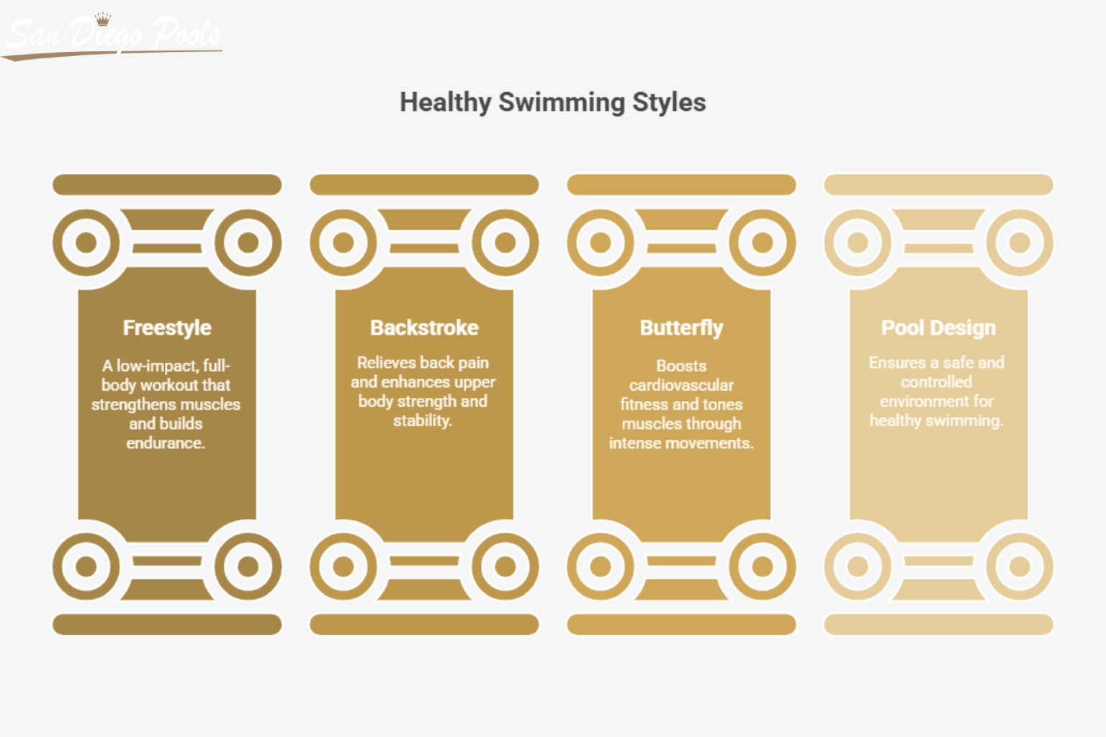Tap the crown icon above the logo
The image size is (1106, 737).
(x=103, y=18)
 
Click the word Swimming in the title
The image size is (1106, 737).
(x=562, y=102)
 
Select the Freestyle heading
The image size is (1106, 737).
(x=167, y=328)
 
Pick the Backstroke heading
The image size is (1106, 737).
(x=424, y=328)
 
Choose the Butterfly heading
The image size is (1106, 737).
(x=681, y=328)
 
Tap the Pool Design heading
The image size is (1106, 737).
(x=938, y=328)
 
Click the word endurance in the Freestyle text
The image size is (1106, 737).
(x=166, y=443)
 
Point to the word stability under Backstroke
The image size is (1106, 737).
(x=422, y=420)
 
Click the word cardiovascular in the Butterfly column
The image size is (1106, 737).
(x=681, y=385)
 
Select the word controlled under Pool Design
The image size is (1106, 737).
(x=936, y=381)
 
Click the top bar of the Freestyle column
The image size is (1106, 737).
(x=167, y=185)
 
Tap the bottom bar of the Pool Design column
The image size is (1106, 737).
(x=938, y=624)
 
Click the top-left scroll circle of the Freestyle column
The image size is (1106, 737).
(x=86, y=243)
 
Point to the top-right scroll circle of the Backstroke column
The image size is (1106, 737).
(x=505, y=243)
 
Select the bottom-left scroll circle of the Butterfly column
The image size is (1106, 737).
(x=601, y=566)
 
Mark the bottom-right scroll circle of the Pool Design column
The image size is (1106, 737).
(x=1019, y=566)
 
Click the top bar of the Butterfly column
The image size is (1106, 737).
(x=681, y=185)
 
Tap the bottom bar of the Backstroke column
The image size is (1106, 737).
(x=424, y=624)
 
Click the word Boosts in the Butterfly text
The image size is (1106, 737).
(x=681, y=366)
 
